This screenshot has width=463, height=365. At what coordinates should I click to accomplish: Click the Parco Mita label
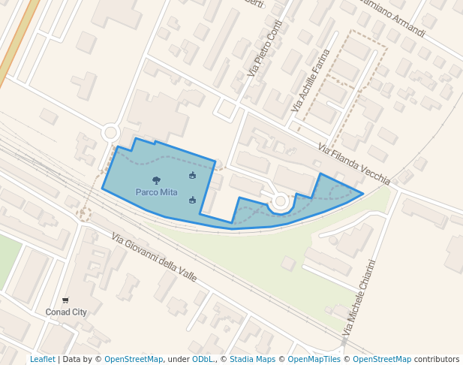[156, 192]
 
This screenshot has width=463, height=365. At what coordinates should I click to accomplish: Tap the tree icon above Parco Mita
[156, 180]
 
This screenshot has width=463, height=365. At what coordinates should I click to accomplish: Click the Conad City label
[66, 312]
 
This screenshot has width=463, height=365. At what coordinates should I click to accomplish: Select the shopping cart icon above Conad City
[65, 300]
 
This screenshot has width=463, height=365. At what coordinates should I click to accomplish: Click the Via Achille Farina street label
[310, 82]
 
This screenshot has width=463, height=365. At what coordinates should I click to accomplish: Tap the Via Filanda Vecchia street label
[353, 164]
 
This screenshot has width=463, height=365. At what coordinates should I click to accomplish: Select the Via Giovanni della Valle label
[154, 258]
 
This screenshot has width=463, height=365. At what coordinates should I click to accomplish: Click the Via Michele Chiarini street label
[358, 299]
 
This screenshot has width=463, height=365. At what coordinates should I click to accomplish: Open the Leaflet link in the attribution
[42, 360]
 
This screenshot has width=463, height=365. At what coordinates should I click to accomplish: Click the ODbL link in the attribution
[202, 360]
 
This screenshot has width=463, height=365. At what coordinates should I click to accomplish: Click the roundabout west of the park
[111, 133]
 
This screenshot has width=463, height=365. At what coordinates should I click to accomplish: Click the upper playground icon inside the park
[193, 176]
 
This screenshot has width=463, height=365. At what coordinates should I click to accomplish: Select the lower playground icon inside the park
[193, 200]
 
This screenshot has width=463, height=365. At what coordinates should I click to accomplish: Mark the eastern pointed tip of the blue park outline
[363, 194]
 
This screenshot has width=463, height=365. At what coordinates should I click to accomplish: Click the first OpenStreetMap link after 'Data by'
[134, 360]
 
